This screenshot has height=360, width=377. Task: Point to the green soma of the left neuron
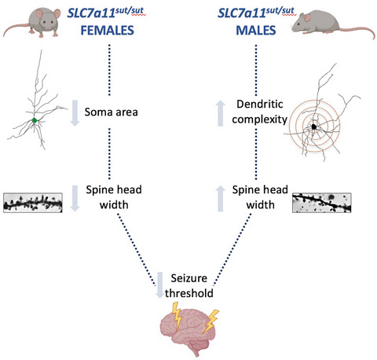34,120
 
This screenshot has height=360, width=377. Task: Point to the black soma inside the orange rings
314,126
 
